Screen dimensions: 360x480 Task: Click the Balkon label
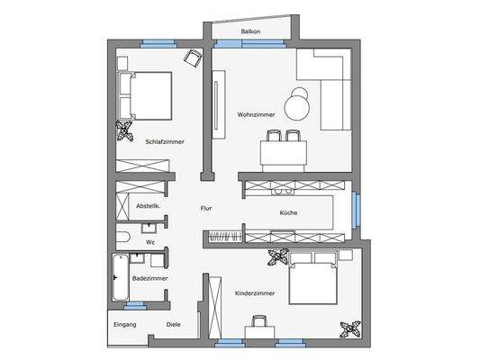point(251,32)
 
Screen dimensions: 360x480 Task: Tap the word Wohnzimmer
point(256,114)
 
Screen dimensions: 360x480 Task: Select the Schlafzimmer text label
point(165,140)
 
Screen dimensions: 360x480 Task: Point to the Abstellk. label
point(149,206)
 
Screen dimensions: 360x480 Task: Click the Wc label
point(150,242)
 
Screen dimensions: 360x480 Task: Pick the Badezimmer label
point(149,279)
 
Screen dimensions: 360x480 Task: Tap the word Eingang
point(124,324)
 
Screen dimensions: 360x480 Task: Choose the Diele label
point(173,324)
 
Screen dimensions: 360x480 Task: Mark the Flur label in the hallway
point(206,208)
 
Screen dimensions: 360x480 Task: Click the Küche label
point(289,212)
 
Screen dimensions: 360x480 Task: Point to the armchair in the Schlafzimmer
point(192,58)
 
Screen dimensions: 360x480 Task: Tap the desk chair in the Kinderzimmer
point(260,320)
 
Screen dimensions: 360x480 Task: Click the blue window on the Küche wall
point(356,210)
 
